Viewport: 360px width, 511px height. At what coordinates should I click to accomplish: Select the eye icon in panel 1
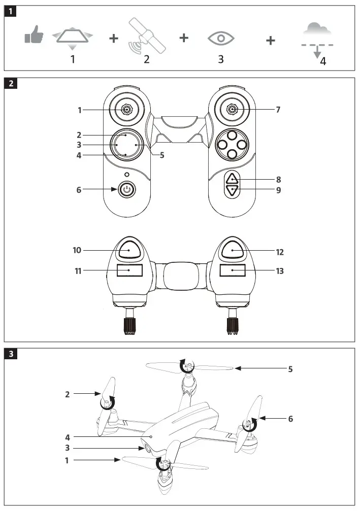[x=221, y=39]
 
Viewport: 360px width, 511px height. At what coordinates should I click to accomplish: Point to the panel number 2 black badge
[x=11, y=84]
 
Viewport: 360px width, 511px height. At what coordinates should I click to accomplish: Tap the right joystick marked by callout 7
[x=232, y=110]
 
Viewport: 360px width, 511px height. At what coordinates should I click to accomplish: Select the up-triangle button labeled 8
[x=232, y=179]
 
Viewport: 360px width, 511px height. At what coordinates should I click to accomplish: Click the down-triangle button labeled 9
[x=232, y=190]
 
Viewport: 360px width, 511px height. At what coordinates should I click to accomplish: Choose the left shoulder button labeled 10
[x=129, y=250]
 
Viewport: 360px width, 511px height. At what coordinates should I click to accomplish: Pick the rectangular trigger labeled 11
[x=129, y=270]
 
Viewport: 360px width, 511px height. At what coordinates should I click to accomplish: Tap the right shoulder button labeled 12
[x=233, y=250]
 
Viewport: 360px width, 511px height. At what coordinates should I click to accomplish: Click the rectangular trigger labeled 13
[x=233, y=270]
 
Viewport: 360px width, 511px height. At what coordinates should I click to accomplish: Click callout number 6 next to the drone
[x=290, y=419]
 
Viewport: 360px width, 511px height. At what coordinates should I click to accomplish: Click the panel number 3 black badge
[x=11, y=354]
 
